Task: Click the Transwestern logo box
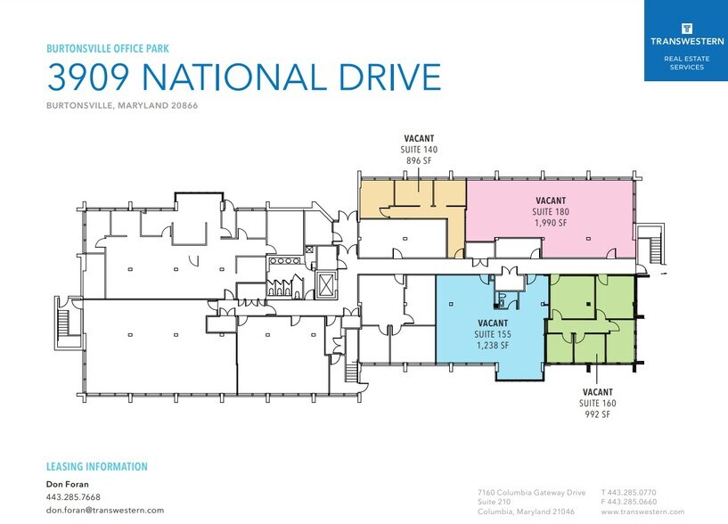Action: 685,40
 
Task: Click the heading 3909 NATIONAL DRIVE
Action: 243,78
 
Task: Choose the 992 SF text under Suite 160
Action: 597,414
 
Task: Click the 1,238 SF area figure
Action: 493,346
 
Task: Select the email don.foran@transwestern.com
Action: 104,510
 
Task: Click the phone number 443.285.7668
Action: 73,497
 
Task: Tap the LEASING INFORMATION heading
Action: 96,467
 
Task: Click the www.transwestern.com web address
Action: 642,512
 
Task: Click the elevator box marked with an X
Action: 327,285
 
